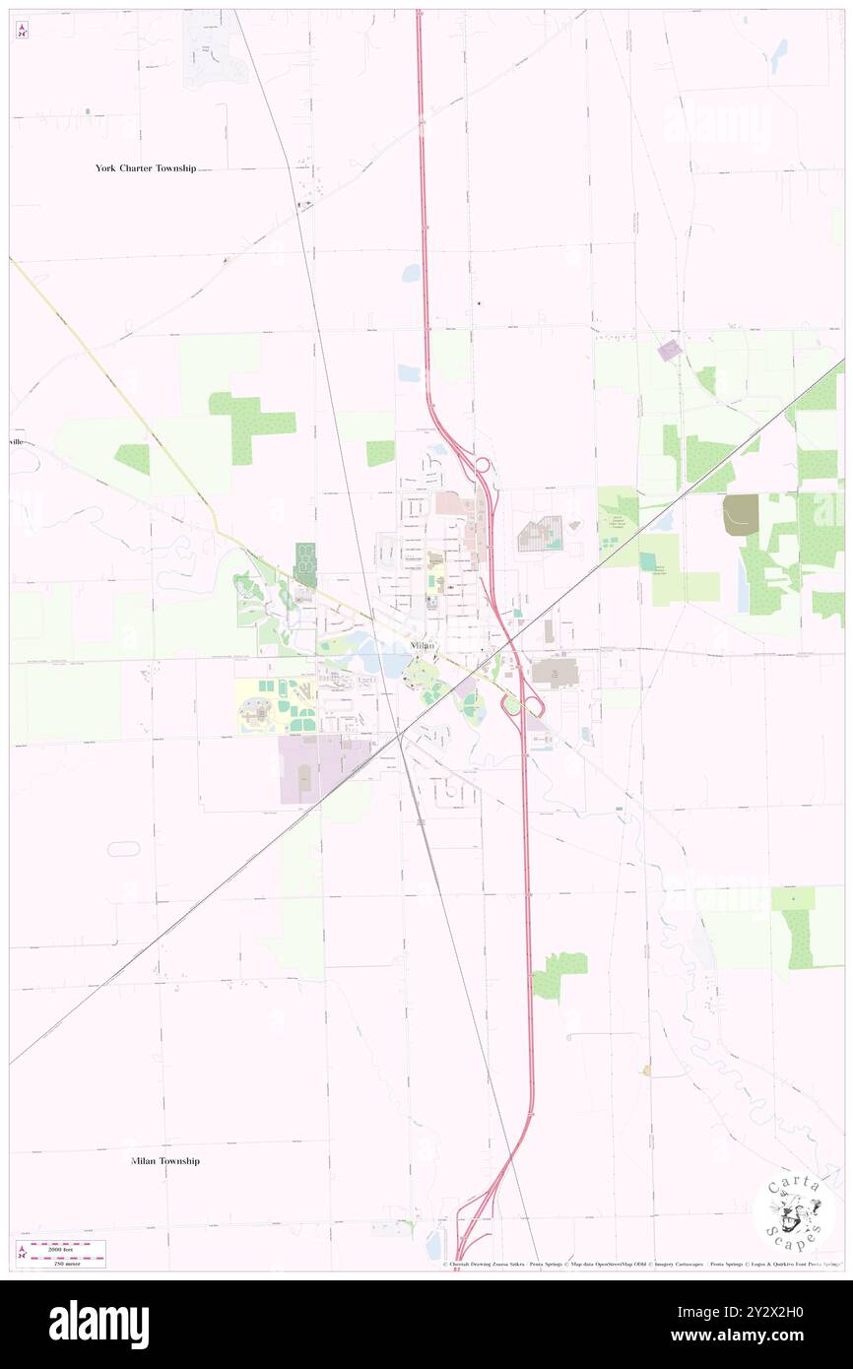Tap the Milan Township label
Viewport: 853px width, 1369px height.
(165, 1161)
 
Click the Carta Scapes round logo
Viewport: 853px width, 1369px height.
(794, 1212)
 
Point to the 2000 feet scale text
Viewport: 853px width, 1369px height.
(67, 1249)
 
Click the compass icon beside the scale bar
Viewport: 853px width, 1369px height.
(22, 1253)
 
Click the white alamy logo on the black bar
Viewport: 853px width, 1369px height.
(98, 1325)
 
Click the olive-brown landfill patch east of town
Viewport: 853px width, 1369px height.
(741, 515)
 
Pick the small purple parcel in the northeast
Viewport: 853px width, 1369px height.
(670, 350)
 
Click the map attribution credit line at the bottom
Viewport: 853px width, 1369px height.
(640, 1265)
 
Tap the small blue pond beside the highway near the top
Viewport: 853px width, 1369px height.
(411, 273)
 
